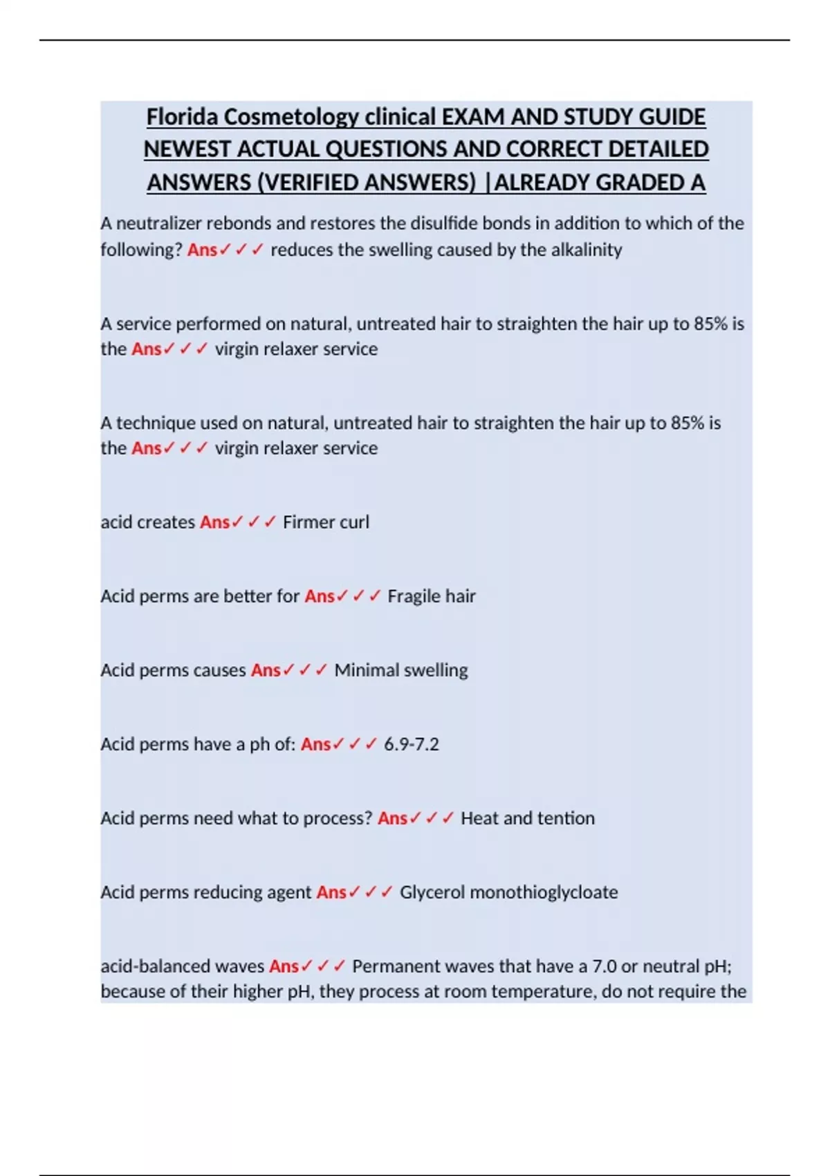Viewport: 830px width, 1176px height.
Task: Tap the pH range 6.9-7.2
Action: point(411,744)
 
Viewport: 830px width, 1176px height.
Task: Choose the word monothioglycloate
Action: point(544,892)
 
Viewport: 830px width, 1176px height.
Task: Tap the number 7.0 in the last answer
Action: point(605,966)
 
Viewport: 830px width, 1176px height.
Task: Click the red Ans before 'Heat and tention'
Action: point(392,818)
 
